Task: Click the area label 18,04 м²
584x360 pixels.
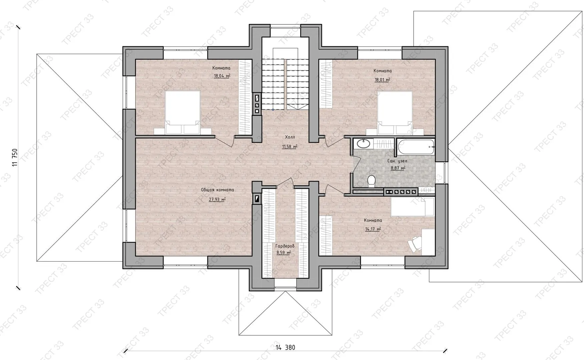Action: click(x=222, y=76)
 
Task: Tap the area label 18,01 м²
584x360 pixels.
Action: click(x=382, y=80)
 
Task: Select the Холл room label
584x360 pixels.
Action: click(x=290, y=137)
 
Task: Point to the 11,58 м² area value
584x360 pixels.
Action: click(x=290, y=147)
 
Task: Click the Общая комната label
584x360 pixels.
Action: click(x=217, y=190)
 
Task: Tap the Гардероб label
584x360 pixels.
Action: click(x=285, y=246)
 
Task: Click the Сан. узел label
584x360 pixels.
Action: click(x=397, y=161)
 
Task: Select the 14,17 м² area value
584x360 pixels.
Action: click(x=373, y=229)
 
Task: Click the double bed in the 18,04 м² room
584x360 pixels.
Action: click(x=183, y=112)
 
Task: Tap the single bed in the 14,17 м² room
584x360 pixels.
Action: click(x=413, y=207)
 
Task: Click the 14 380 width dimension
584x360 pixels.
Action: click(x=285, y=347)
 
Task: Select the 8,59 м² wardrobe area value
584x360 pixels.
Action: click(x=283, y=253)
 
